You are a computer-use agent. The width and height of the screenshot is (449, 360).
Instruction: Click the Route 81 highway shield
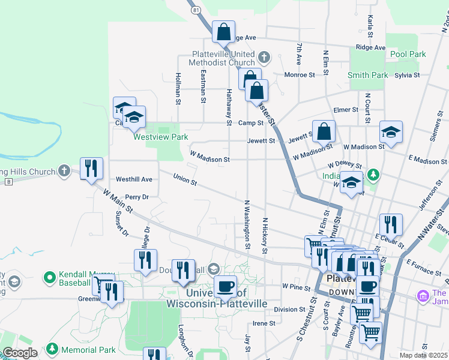pos(196,10)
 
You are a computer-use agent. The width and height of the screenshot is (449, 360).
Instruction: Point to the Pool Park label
pos(408,54)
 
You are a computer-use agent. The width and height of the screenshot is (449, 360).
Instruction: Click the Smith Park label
pos(367,75)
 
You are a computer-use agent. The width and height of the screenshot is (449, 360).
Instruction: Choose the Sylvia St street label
pos(406,75)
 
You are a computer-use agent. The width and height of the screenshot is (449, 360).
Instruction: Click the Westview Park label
pos(160,137)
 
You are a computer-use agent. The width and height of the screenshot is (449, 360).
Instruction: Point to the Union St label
pos(185,179)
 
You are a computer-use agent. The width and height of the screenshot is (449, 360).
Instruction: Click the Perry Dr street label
pos(136,196)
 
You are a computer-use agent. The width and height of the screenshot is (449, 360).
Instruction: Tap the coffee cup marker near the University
pos(225,286)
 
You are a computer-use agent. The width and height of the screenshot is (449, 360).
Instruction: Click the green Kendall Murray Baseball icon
pos(50,278)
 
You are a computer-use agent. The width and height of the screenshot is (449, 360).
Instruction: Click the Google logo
pos(20,353)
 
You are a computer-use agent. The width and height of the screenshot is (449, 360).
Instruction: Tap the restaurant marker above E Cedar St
pos(391,224)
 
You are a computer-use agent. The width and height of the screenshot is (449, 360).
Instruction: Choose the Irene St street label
pos(264,323)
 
